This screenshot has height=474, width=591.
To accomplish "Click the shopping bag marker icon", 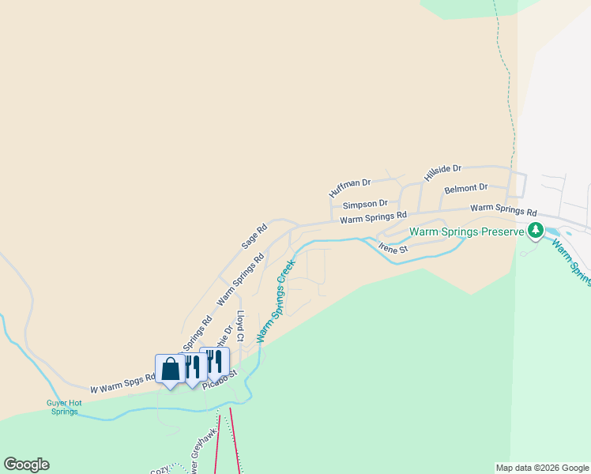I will [170, 369].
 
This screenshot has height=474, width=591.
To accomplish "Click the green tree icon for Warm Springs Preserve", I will [536, 231].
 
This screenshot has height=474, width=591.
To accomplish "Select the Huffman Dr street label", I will [349, 188].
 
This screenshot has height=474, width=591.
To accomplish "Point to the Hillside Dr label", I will [442, 173].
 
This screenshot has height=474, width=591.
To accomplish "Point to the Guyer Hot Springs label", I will [66, 407].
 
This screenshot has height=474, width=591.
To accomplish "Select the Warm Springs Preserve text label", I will [466, 231].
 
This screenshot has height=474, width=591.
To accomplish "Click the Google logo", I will [26, 465].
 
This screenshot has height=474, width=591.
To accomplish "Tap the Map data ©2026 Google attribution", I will [541, 468].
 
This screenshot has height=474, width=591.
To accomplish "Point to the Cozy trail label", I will [160, 469].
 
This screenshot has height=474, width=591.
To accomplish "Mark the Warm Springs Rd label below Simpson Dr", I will [373, 217].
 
